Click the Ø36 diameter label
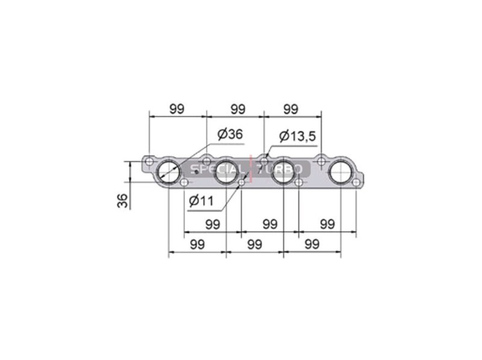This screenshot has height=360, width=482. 230,134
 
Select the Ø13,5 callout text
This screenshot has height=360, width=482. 297,136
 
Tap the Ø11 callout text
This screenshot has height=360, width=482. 201,201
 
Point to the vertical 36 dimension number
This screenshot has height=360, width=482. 122,200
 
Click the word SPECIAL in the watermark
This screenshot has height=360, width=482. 216,169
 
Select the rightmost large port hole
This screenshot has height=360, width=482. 340,172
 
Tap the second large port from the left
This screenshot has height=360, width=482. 226,172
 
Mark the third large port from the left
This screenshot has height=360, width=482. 283,172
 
